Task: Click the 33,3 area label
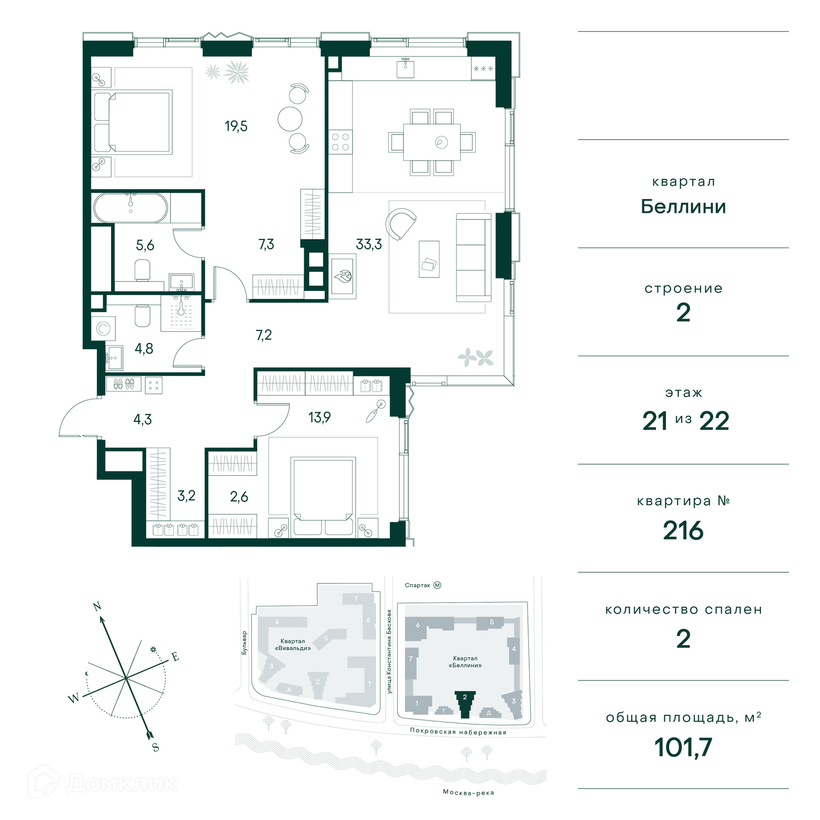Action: (369, 244)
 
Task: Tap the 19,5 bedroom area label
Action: (236, 126)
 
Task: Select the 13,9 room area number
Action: (319, 417)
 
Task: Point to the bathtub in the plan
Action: (131, 208)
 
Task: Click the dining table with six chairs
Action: (432, 142)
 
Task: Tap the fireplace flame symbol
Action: (343, 276)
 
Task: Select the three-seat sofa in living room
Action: (474, 258)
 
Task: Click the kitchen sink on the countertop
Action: (405, 68)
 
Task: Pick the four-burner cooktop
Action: (340, 142)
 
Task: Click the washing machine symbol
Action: (103, 328)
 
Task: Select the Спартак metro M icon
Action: (437, 585)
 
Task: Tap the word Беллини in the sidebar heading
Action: (683, 207)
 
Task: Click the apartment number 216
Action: (683, 530)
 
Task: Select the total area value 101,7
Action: (683, 747)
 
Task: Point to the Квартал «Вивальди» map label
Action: (293, 644)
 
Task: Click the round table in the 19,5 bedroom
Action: (290, 119)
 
